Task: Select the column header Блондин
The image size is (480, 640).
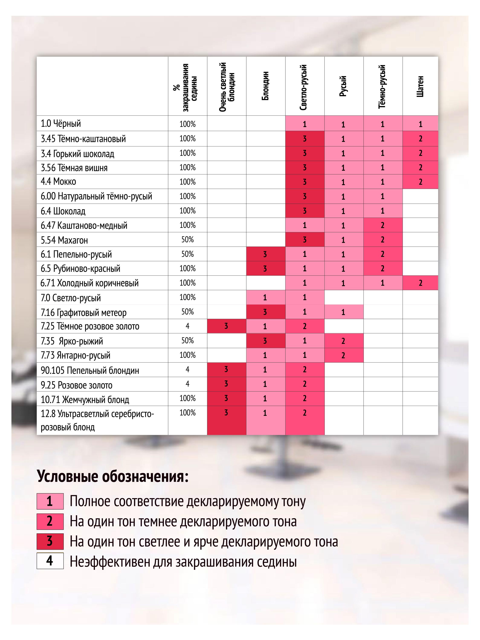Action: [265, 86]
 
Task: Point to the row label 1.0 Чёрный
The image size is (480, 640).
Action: [61, 124]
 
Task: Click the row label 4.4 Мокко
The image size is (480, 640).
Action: [58, 182]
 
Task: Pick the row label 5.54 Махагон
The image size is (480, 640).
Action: [64, 240]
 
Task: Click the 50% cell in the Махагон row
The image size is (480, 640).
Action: [187, 240]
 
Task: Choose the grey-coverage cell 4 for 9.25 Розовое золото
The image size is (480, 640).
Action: [187, 384]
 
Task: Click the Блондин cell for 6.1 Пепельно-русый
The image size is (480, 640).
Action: [265, 254]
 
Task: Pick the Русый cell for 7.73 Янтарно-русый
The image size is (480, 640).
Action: [343, 355]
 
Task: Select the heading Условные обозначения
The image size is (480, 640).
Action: [113, 476]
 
